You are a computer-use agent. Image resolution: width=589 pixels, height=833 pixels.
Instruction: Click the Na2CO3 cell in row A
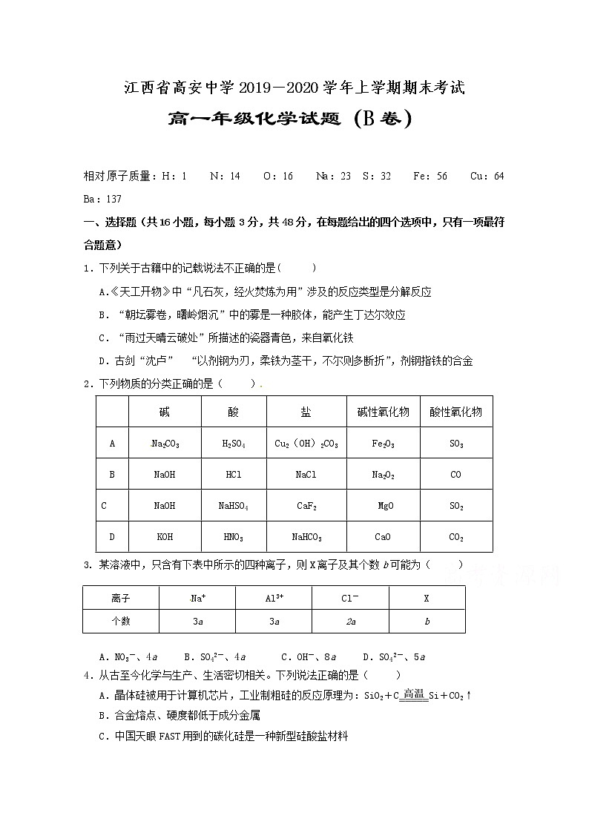165,444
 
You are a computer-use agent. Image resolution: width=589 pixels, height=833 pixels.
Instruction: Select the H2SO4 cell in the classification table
234,444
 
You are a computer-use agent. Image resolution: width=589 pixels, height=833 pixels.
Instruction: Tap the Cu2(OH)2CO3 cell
306,444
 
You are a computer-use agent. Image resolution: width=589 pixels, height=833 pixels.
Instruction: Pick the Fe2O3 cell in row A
383,444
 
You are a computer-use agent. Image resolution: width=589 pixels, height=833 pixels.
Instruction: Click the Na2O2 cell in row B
383,475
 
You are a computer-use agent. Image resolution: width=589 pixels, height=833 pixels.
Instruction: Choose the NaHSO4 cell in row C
234,506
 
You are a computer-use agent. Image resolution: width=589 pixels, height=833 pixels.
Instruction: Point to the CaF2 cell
306,506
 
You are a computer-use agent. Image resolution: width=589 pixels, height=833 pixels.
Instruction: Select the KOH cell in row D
165,537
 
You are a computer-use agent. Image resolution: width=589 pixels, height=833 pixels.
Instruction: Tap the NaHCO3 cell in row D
306,537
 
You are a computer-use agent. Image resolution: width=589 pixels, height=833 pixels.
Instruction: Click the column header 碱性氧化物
383,412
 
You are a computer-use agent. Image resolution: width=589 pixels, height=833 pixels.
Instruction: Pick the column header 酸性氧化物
455,412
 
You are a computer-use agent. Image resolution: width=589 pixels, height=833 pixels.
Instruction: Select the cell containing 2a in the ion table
351,622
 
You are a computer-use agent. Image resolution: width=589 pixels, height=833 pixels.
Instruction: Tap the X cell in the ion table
427,598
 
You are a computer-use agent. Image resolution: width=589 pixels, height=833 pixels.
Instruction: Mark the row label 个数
120,622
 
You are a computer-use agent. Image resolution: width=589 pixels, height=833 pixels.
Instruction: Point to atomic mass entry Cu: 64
487,176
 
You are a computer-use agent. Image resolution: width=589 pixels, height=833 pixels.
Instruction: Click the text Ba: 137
102,199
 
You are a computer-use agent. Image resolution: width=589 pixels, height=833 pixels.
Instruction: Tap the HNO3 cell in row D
234,537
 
